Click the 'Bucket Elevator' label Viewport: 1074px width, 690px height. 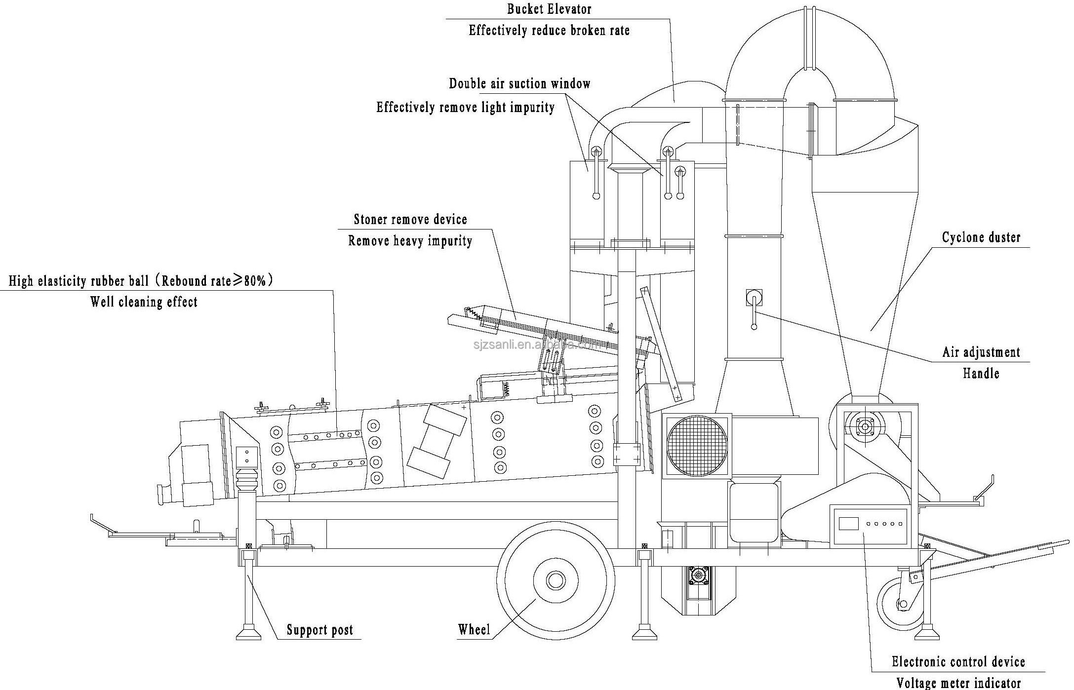(549, 9)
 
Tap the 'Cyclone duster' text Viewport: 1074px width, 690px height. (981, 237)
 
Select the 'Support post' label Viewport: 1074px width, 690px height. (320, 630)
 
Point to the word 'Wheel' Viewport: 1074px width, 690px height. (474, 629)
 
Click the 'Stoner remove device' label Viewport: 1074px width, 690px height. (410, 219)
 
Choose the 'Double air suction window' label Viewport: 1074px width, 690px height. (519, 83)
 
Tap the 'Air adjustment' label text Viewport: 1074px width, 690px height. (981, 352)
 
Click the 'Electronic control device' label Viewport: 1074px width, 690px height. (958, 661)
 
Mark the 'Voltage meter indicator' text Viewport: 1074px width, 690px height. (958, 683)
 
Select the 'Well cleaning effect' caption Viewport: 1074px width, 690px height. (144, 302)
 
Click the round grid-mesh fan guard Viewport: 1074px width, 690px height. (696, 446)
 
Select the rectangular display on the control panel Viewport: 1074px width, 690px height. (848, 523)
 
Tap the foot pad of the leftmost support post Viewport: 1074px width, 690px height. (248, 633)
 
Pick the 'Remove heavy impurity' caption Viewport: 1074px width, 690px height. (410, 241)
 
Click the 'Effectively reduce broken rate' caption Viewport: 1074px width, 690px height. (549, 31)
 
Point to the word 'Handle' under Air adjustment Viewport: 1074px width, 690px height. (981, 373)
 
